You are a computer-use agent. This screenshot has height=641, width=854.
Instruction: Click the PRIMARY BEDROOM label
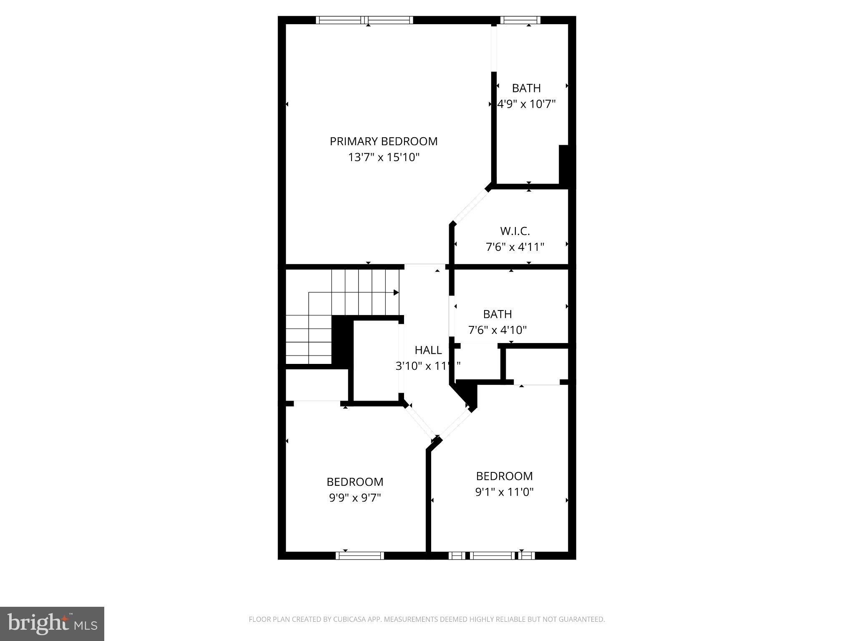click(x=384, y=141)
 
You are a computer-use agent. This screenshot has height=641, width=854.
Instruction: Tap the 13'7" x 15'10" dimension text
click(x=384, y=157)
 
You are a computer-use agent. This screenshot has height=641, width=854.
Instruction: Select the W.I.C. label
click(x=515, y=231)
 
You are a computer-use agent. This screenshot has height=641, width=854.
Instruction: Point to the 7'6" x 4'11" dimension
click(x=515, y=247)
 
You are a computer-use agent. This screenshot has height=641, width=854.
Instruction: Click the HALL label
click(x=428, y=350)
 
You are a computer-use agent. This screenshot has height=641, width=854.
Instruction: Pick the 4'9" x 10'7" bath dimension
click(x=527, y=104)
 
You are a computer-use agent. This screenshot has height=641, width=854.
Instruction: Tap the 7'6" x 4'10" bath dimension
click(x=497, y=330)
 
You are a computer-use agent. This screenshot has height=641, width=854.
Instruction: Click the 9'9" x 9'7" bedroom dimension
click(x=355, y=498)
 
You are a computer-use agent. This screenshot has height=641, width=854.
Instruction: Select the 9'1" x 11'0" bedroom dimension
click(x=505, y=492)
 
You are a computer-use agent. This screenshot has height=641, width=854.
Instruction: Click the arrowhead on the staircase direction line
click(x=396, y=293)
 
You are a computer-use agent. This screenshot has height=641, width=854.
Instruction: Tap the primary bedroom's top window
click(x=364, y=20)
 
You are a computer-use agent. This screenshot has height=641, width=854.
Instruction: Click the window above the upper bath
click(x=520, y=20)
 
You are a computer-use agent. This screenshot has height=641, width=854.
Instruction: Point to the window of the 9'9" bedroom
click(x=360, y=555)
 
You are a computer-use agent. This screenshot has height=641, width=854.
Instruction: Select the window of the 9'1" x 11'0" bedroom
click(x=492, y=555)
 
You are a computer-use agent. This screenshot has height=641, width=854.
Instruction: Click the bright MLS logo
click(x=52, y=624)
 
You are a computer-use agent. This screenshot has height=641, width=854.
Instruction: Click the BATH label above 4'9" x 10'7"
click(x=526, y=88)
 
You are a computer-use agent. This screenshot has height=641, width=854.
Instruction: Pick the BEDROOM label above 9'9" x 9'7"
click(x=355, y=482)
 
